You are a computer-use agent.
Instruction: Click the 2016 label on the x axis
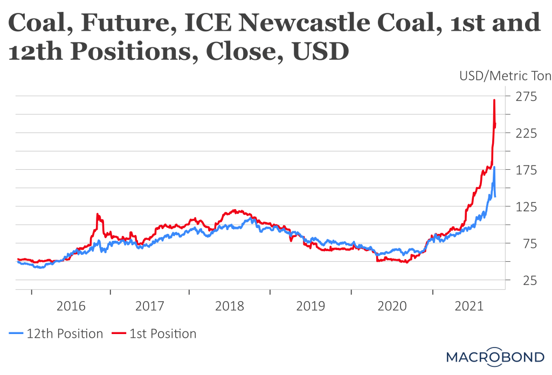tap(71, 307)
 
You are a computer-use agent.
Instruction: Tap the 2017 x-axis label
tap(149, 307)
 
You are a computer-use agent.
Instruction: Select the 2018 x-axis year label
tap(229, 307)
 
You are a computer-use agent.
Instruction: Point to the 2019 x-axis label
tap(310, 307)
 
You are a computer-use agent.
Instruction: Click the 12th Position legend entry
tap(57, 334)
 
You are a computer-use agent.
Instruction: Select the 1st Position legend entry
tap(155, 334)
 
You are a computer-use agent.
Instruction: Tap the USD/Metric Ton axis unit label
tap(505, 75)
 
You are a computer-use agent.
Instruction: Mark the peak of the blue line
tap(494, 167)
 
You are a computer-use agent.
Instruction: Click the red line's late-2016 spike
tap(98, 214)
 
